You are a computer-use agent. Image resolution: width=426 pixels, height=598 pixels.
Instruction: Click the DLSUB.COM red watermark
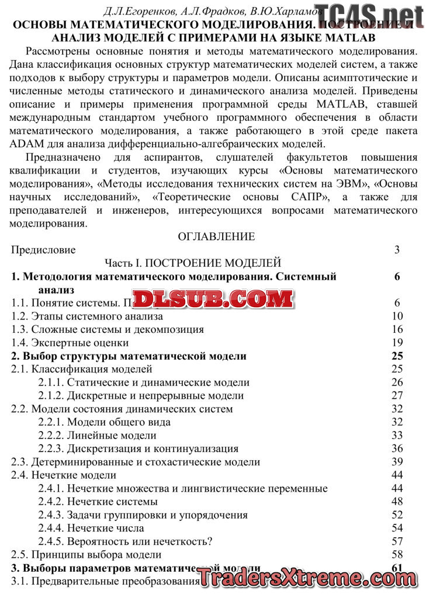pyautogui.click(x=214, y=299)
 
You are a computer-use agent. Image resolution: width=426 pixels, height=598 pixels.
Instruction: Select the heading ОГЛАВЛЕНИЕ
pyautogui.click(x=216, y=237)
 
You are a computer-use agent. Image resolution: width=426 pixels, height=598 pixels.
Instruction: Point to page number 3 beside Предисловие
pyautogui.click(x=397, y=250)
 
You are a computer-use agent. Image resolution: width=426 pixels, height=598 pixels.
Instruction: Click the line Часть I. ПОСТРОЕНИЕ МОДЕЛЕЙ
pyautogui.click(x=193, y=263)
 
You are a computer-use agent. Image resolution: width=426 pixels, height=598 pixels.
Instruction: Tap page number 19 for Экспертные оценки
pyautogui.click(x=397, y=343)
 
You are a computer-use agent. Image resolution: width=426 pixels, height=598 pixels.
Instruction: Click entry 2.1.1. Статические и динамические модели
pyautogui.click(x=144, y=383)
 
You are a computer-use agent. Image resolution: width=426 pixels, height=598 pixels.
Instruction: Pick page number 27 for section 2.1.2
pyautogui.click(x=397, y=396)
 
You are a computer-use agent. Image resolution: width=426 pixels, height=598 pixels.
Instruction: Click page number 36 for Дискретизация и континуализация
pyautogui.click(x=397, y=448)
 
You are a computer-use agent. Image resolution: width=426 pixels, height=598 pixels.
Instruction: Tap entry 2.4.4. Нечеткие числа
pyautogui.click(x=91, y=529)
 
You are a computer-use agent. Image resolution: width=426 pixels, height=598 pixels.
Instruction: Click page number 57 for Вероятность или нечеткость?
pyautogui.click(x=397, y=541)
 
